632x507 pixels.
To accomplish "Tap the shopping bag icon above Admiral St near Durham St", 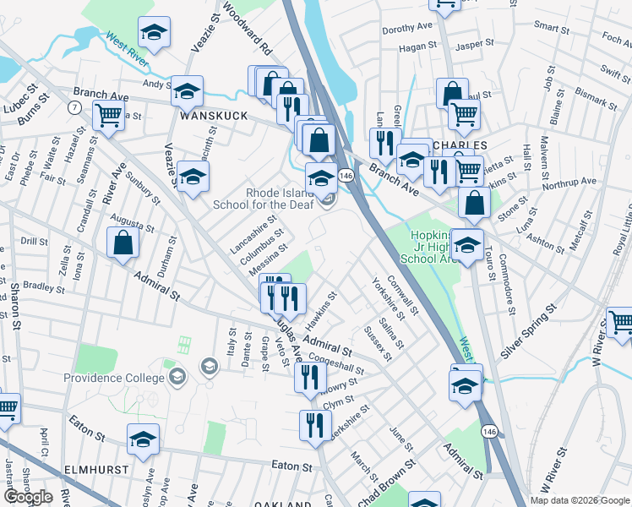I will [123, 243].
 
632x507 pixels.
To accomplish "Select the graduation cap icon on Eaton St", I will [143, 439].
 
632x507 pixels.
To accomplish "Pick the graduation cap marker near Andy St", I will [187, 90].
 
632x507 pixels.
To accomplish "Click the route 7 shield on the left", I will [75, 107].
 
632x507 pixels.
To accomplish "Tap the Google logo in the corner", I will [28, 497].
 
